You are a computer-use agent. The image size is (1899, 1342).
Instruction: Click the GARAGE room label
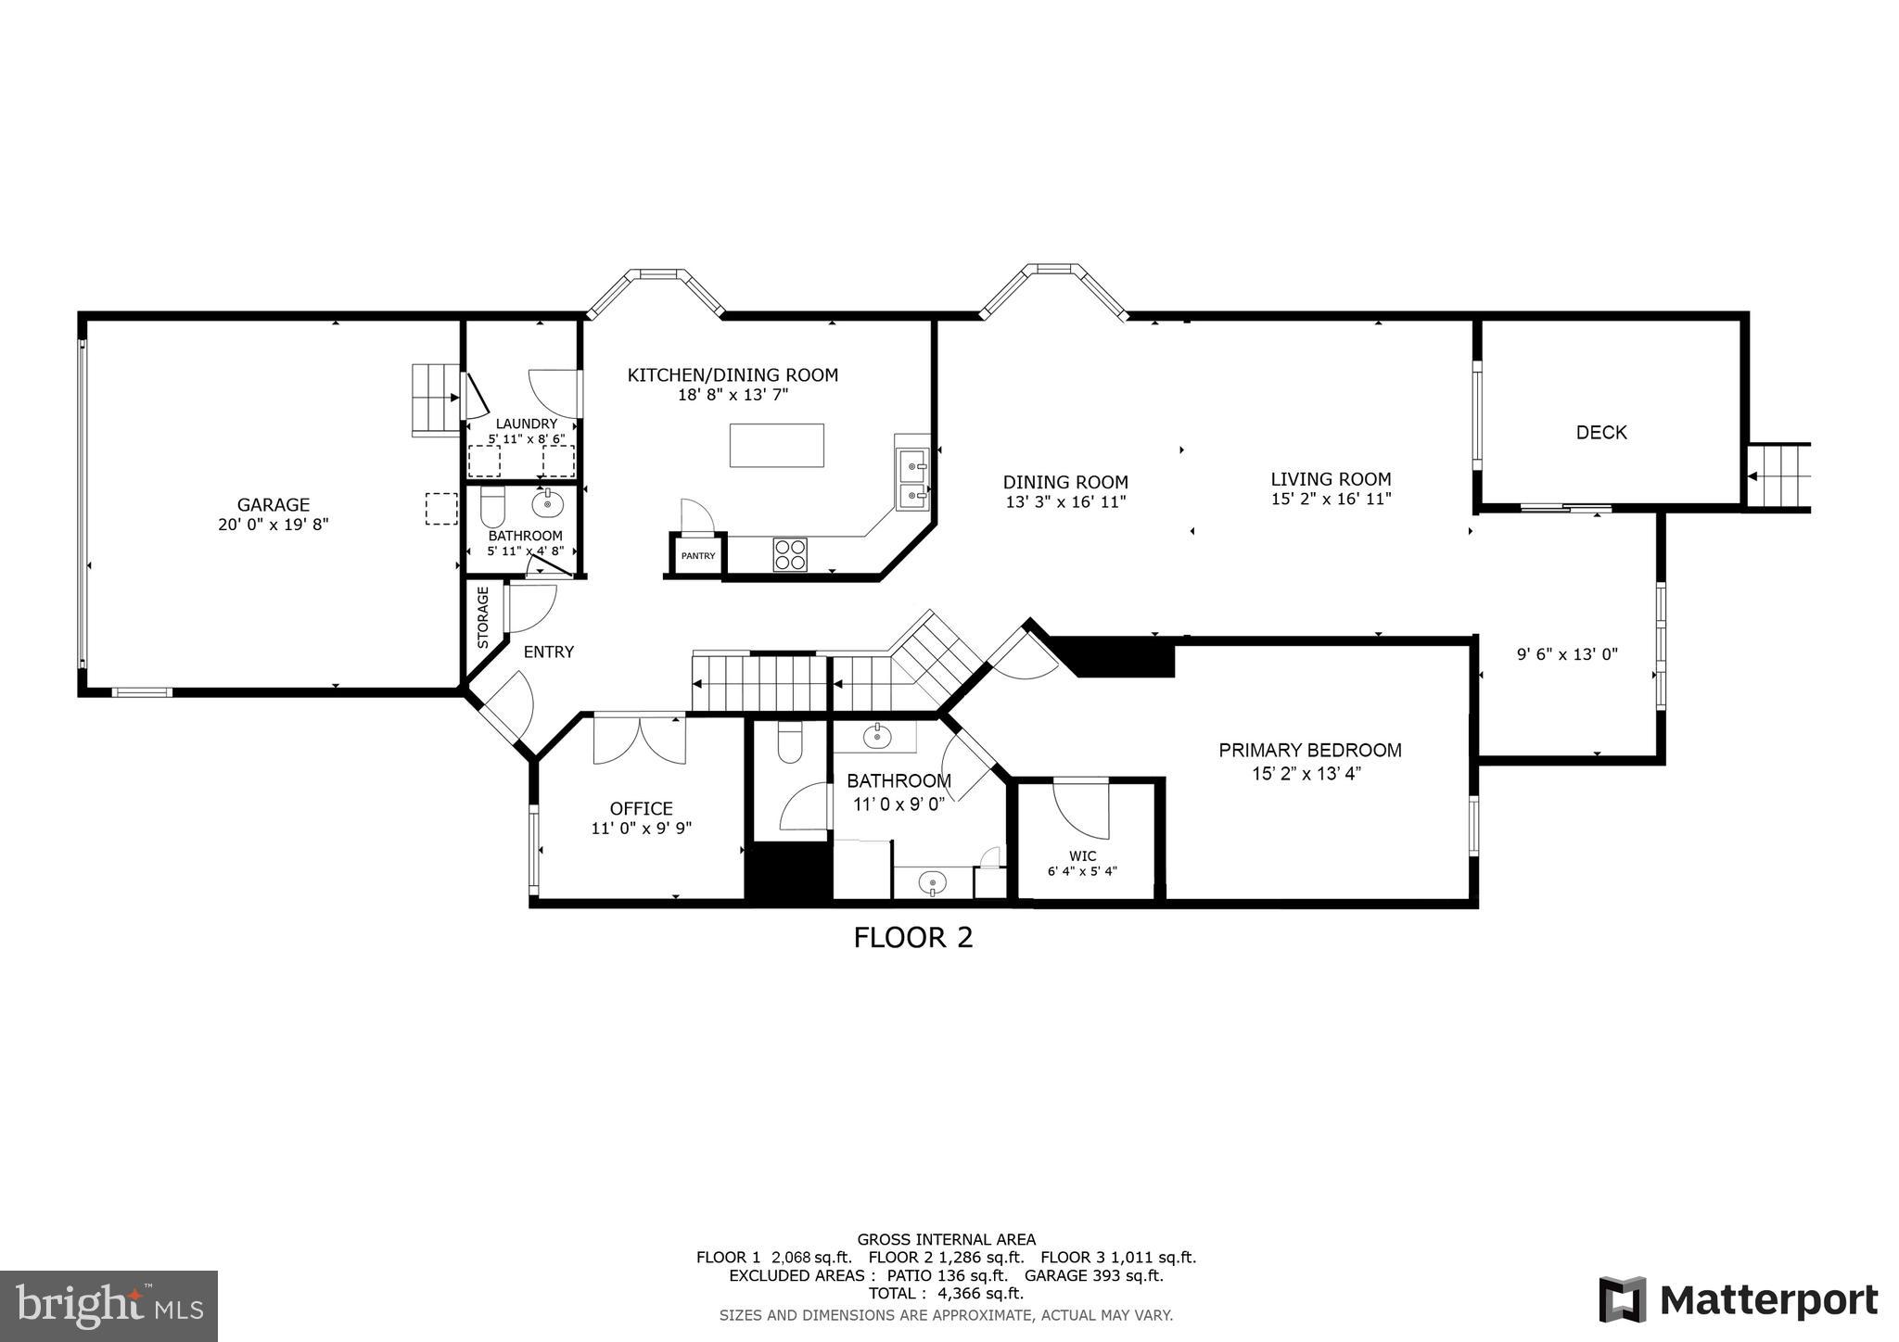tap(273, 505)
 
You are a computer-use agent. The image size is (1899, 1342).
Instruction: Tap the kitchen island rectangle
tap(776, 446)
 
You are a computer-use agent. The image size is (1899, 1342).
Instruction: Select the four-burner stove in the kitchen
tap(790, 554)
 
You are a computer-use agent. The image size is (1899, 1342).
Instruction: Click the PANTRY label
tap(698, 556)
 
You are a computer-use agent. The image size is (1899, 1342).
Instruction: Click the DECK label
tap(1601, 433)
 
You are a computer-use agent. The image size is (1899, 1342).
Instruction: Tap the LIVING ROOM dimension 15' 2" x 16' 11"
tap(1331, 499)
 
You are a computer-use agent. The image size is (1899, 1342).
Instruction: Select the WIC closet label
tap(1082, 856)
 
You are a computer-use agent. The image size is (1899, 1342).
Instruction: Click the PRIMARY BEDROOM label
tap(1309, 750)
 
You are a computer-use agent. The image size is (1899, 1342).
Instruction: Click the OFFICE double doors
tap(640, 739)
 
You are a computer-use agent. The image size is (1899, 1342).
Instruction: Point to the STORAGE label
tap(483, 617)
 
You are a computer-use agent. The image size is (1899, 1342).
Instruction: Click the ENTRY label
tap(549, 652)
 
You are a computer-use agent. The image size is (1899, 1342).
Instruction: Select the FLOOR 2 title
tap(912, 938)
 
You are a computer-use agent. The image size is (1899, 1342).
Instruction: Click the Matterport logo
tap(1739, 1299)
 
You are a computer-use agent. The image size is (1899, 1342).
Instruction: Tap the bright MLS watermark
tap(109, 1306)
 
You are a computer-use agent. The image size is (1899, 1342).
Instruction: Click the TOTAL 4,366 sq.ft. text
tap(946, 1293)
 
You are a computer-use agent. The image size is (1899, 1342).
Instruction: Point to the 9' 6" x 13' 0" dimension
tap(1567, 654)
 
